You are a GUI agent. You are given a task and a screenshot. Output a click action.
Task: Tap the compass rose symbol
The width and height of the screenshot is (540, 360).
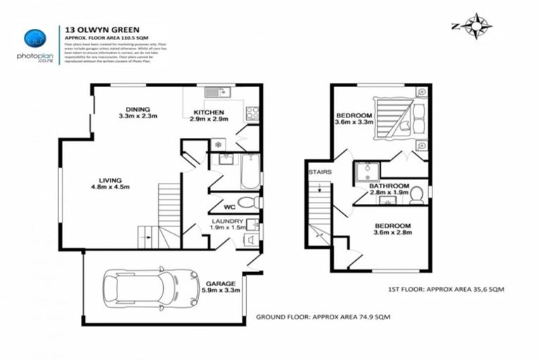pyautogui.click(x=476, y=27)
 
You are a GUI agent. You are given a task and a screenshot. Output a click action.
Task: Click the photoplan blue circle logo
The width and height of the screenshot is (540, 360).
pyautogui.click(x=34, y=39)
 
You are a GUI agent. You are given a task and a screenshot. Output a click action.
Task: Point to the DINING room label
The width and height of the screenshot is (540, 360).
pyautogui.click(x=138, y=109)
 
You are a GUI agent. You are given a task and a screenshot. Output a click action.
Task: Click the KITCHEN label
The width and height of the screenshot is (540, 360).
pyautogui.click(x=209, y=112)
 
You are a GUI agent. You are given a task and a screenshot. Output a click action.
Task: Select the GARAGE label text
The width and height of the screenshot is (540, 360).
pyautogui.click(x=220, y=283)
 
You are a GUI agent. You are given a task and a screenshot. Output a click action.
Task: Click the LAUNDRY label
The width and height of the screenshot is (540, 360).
pyautogui.click(x=227, y=221)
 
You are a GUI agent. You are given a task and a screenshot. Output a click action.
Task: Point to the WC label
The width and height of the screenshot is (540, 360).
pyautogui.click(x=229, y=207)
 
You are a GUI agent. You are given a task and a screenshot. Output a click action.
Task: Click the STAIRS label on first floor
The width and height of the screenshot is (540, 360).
pyautogui.click(x=319, y=172)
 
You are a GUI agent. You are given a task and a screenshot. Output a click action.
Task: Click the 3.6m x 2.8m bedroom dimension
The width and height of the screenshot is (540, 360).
pyautogui.click(x=392, y=234)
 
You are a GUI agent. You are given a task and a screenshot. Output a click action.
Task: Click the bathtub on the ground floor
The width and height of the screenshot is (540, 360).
pyautogui.click(x=250, y=172)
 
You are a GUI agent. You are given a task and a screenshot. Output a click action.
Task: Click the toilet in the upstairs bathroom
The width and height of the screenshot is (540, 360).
pyautogui.click(x=416, y=193)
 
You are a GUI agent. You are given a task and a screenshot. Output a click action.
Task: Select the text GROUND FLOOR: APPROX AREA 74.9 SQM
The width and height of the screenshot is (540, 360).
pyautogui.click(x=323, y=317)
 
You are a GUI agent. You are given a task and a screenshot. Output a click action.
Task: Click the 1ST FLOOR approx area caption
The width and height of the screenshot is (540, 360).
pyautogui.click(x=446, y=289)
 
